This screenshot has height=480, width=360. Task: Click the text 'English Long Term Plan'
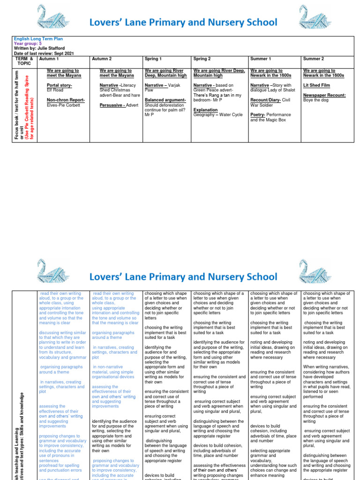point(38,39)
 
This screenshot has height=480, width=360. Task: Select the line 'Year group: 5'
point(28,44)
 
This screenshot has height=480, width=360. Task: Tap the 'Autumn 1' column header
point(49,59)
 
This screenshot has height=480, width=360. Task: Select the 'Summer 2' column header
point(314,59)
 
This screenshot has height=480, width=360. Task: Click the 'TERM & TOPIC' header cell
point(24,61)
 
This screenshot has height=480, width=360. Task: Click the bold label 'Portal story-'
point(60,85)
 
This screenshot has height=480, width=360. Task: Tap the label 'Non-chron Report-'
point(66,100)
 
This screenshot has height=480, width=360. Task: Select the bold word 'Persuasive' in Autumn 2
point(112,105)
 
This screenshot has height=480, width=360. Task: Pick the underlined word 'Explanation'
point(205,110)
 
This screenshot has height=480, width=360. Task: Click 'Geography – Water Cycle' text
point(218,115)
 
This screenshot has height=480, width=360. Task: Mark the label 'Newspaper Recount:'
point(324,95)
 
